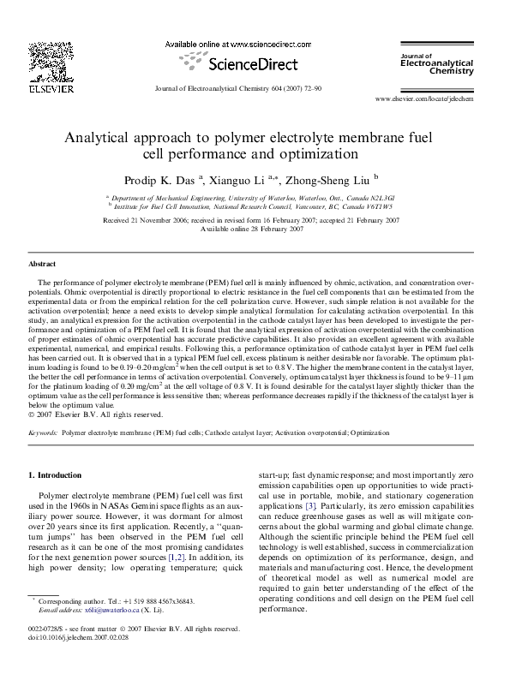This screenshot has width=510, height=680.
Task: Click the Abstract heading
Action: (42, 265)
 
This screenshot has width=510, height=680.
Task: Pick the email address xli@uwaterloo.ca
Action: (95, 635)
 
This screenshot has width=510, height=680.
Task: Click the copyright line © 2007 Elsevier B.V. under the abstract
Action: (96, 415)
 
